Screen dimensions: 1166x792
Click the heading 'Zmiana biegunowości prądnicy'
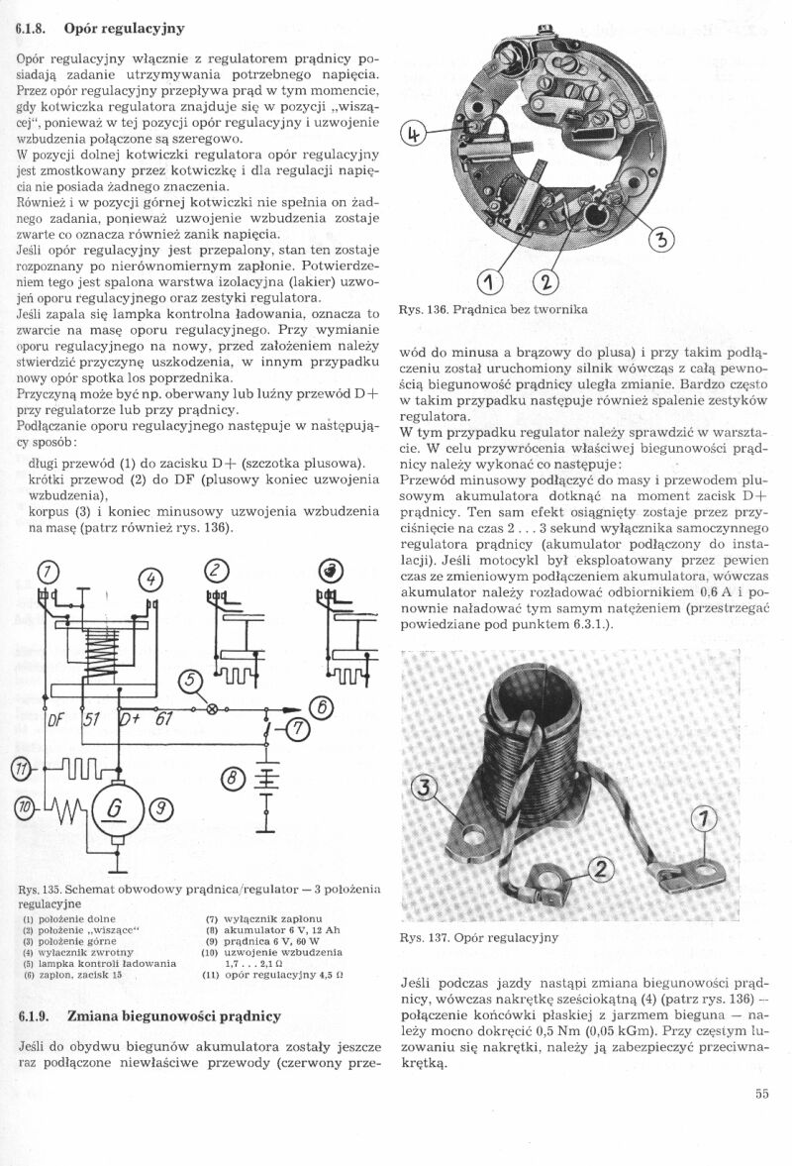click(x=174, y=1016)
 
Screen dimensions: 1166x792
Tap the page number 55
click(x=760, y=1094)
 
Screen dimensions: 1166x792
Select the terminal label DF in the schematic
click(x=56, y=719)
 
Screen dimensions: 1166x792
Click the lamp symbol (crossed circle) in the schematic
click(x=211, y=708)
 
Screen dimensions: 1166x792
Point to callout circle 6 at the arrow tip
click(x=321, y=707)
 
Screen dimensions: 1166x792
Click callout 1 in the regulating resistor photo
click(x=703, y=819)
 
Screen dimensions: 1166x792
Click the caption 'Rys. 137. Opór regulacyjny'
click(x=479, y=936)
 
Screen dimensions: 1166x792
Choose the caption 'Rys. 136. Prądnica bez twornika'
click(x=493, y=310)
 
